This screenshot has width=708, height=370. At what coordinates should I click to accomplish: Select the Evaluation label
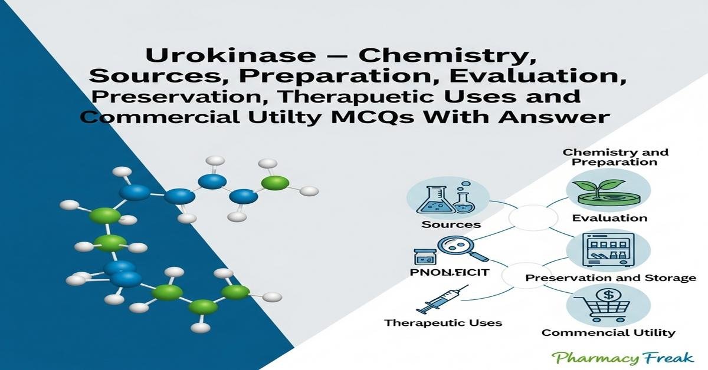pyautogui.click(x=609, y=218)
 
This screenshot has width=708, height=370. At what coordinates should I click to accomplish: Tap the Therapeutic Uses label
pyautogui.click(x=443, y=322)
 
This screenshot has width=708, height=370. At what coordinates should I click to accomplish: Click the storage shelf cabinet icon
pyautogui.click(x=608, y=250)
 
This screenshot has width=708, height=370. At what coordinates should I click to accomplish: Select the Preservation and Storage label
pyautogui.click(x=610, y=277)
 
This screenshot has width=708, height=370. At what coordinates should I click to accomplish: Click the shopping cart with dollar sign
pyautogui.click(x=608, y=305)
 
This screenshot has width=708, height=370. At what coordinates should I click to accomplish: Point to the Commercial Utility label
pyautogui.click(x=608, y=332)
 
